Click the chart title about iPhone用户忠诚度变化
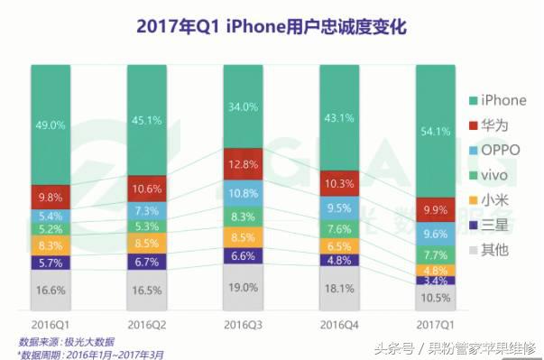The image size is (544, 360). pyautogui.click(x=272, y=26)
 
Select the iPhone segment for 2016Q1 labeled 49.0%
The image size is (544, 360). pyautogui.click(x=51, y=125)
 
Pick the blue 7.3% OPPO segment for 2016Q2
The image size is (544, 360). pyautogui.click(x=147, y=209)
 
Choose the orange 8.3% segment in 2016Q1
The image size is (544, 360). pyautogui.click(x=51, y=245)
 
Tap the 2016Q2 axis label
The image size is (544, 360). pyautogui.click(x=147, y=323)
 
